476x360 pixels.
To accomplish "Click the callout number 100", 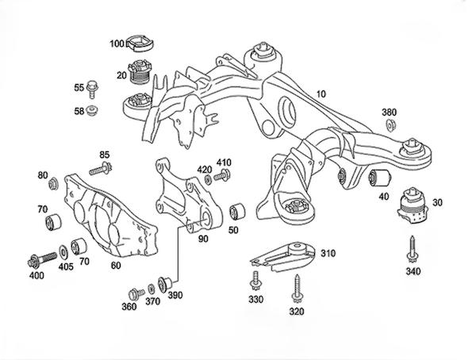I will pyautogui.click(x=116, y=44).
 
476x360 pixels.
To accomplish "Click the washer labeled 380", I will pyautogui.click(x=390, y=125).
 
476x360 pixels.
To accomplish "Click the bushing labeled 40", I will pyautogui.click(x=381, y=175).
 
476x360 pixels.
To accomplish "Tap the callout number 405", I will pyautogui.click(x=66, y=267).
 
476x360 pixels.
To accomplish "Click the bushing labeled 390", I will pyautogui.click(x=166, y=281).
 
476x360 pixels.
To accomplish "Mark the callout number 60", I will pyautogui.click(x=116, y=266).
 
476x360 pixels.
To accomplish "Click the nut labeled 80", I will pyautogui.click(x=54, y=185).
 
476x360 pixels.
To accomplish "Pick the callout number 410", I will pyautogui.click(x=224, y=163).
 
